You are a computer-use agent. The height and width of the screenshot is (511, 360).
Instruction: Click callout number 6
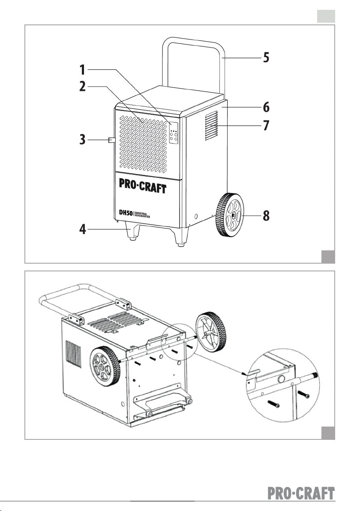(266, 106)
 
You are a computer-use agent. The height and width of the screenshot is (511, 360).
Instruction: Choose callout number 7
(266, 126)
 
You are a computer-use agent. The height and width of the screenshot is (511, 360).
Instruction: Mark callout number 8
(266, 216)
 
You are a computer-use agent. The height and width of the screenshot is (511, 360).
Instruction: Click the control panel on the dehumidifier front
(174, 134)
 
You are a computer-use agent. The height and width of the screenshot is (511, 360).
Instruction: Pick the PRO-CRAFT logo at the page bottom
(301, 493)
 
